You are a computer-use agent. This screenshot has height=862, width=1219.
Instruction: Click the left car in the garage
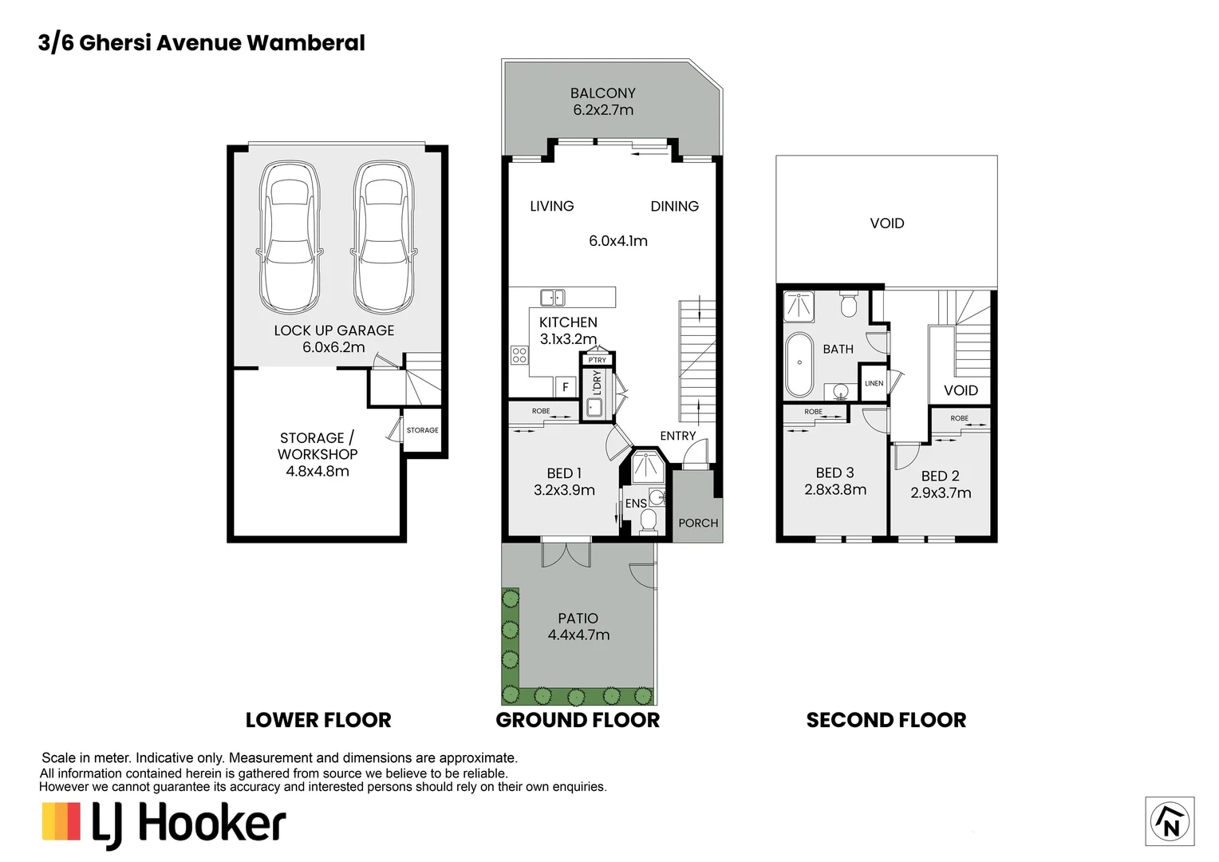(x=290, y=237)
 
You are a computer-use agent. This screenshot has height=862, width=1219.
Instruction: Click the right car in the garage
(x=384, y=237)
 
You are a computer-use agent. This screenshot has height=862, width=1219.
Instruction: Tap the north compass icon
(x=1170, y=821)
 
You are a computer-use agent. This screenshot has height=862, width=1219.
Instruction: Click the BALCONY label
(x=602, y=93)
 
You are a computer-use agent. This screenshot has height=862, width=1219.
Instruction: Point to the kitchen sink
(x=552, y=298)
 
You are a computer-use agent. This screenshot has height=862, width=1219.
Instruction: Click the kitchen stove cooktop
(x=519, y=354)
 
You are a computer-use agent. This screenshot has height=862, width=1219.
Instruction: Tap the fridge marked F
(x=565, y=387)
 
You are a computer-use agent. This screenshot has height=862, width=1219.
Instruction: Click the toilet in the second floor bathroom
(x=848, y=304)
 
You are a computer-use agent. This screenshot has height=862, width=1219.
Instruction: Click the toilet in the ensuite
(x=648, y=521)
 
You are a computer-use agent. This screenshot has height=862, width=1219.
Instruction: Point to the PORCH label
(x=698, y=523)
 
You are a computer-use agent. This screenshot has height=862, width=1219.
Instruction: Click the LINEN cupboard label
(x=874, y=383)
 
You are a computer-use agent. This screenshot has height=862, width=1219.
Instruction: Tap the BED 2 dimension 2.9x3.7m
(x=941, y=493)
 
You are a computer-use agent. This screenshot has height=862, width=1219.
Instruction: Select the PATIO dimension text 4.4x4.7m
(x=578, y=635)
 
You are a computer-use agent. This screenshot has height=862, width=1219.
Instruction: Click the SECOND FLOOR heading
(x=886, y=720)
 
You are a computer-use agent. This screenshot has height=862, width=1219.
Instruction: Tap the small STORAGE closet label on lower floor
(x=422, y=430)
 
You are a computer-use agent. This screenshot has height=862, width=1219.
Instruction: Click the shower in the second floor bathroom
(x=799, y=306)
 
